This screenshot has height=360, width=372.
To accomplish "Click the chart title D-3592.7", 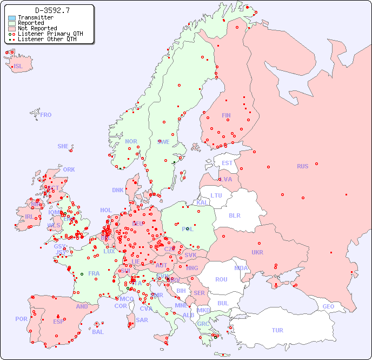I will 52,10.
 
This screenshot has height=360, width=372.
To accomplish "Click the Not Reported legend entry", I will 37,28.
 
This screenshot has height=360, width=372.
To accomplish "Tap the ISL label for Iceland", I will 18,67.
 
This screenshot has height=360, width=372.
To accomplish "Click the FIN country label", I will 226,115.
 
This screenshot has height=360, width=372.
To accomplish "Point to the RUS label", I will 302,166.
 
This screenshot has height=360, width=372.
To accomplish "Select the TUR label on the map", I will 277,330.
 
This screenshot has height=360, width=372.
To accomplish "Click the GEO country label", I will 328,306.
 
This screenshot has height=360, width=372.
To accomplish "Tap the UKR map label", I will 257,252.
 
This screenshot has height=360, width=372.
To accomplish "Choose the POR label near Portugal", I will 21,319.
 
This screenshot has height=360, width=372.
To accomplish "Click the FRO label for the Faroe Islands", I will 46,115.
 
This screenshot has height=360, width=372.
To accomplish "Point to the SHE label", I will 63,146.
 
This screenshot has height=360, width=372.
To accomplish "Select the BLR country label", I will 234,215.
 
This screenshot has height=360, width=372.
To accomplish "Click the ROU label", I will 221,279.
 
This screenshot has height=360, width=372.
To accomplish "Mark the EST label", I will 227,163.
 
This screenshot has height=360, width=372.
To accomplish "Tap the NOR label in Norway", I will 131,141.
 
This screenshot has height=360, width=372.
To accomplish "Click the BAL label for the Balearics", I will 98,332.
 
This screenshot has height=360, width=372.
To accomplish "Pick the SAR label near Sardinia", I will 142,320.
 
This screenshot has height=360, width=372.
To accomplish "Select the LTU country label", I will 216,195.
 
